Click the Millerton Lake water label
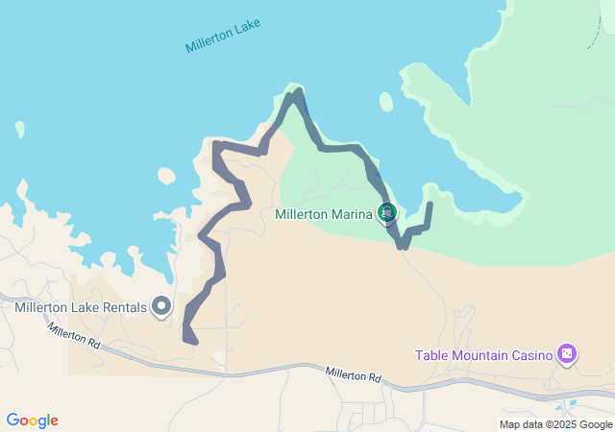click(222, 36)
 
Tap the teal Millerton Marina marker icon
click(387, 211)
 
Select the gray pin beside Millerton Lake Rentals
click(161, 306)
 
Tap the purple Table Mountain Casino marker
click(567, 354)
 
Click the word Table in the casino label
click(430, 355)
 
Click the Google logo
click(32, 420)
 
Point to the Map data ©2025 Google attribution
click(555, 424)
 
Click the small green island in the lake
click(386, 101)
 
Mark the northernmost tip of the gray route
click(299, 91)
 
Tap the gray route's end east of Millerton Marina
click(429, 204)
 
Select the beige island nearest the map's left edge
click(19, 129)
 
